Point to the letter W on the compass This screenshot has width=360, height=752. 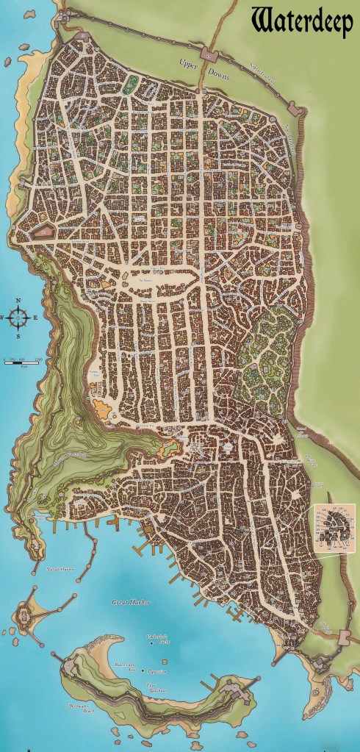(5, 318)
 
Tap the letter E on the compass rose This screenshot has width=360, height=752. (35, 318)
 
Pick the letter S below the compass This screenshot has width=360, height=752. (20, 335)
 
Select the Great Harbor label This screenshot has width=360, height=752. (132, 602)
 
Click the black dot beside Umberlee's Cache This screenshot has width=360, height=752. (152, 644)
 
